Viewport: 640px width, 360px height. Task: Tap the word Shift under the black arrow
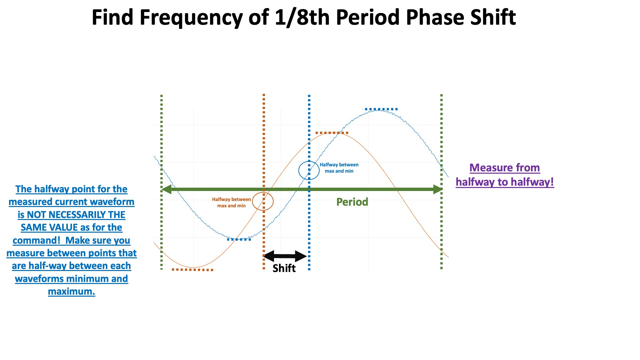[284, 268]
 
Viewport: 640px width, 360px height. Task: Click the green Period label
[352, 202]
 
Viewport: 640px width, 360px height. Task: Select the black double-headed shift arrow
[285, 256]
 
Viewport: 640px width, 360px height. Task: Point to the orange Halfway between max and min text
[231, 203]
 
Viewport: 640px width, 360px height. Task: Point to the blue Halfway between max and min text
[339, 168]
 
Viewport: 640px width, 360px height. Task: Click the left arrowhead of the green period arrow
[166, 189]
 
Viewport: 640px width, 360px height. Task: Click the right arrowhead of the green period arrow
[438, 189]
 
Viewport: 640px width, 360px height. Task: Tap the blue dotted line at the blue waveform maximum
[380, 109]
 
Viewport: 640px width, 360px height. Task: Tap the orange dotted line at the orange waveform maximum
[332, 133]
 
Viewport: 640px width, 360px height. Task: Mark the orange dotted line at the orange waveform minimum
[192, 270]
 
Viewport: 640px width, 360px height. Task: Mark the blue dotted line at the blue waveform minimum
[239, 239]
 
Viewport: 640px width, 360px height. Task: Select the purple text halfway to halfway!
[505, 182]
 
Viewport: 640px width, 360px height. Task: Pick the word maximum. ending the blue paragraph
[71, 292]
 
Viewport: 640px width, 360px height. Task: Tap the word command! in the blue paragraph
[36, 240]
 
